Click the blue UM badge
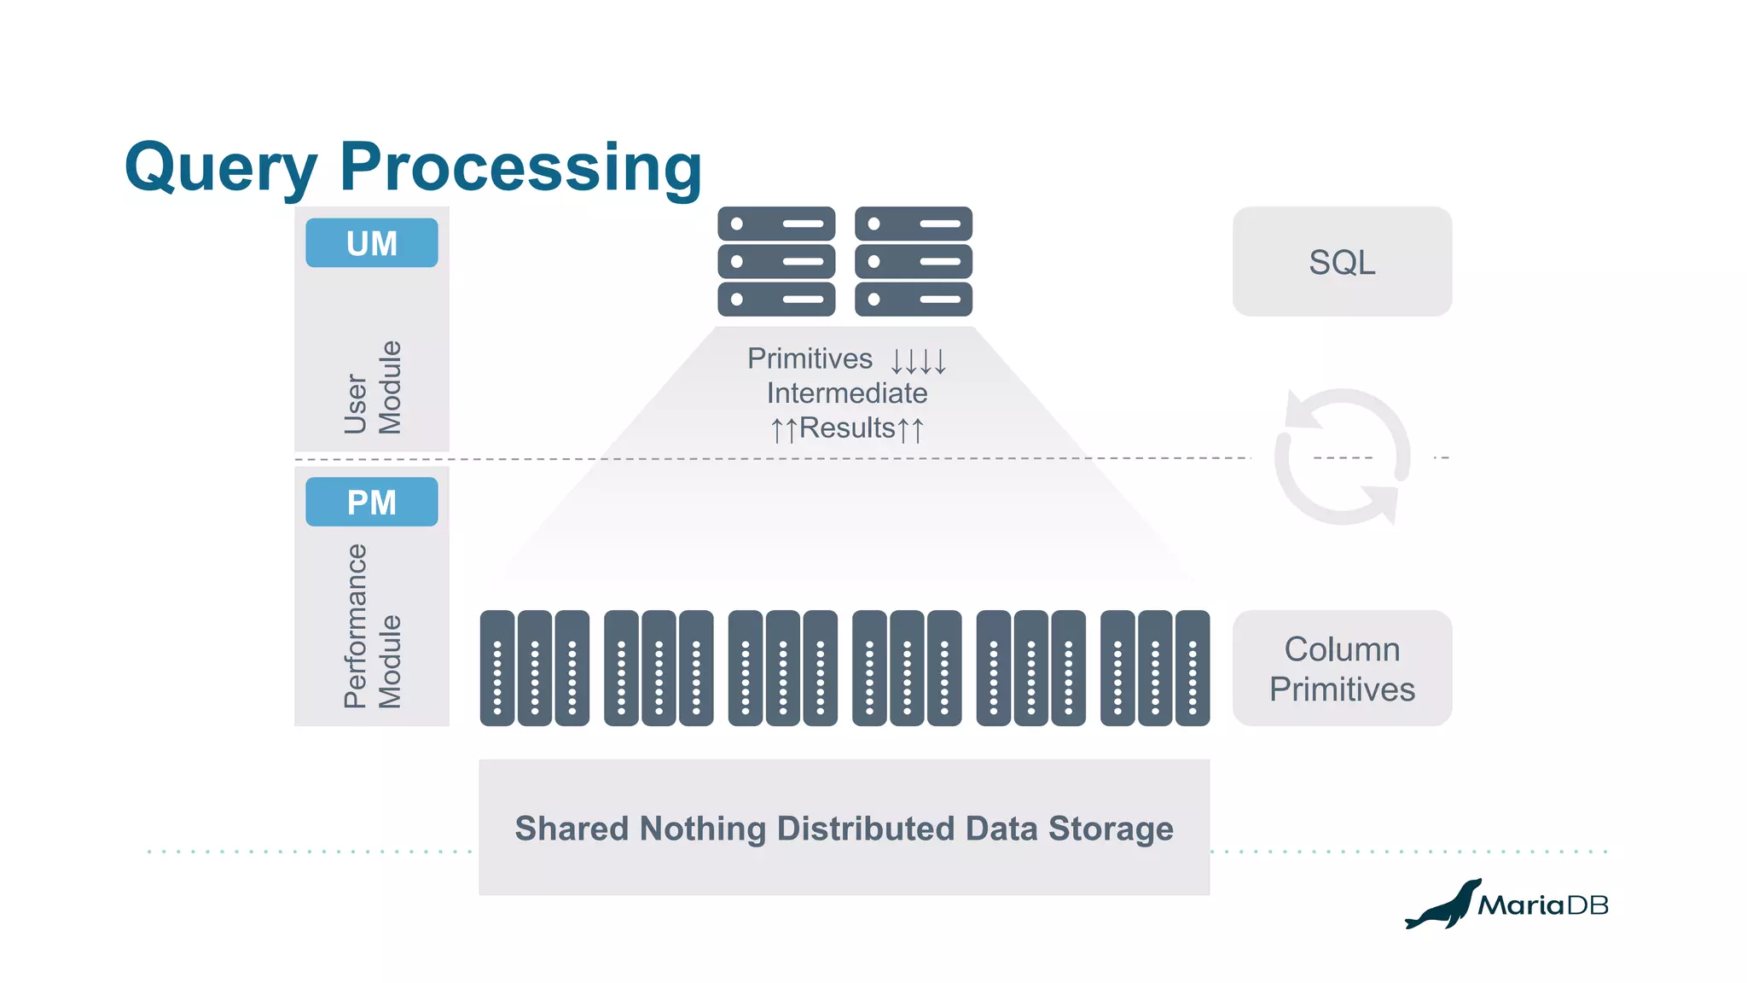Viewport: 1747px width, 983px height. [372, 243]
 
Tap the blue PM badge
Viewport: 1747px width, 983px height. [372, 502]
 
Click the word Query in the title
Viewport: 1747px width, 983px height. [221, 168]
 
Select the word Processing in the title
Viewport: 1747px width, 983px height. [520, 168]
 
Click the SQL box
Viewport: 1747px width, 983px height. [1342, 262]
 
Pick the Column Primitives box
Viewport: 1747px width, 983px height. [1342, 668]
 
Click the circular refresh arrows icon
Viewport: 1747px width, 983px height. [1342, 457]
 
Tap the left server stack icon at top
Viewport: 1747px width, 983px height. [776, 261]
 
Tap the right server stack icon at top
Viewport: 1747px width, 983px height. [914, 261]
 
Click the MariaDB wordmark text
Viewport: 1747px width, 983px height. [1543, 904]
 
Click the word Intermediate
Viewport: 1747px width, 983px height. [846, 393]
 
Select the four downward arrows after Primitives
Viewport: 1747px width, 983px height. [919, 361]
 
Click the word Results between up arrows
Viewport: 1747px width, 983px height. [847, 428]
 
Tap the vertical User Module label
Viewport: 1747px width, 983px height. [373, 387]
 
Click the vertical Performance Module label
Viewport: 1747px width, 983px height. [373, 626]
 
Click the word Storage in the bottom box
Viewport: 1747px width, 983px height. [1111, 829]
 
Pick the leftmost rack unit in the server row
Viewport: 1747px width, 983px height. [497, 668]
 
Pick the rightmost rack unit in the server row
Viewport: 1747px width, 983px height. [1193, 668]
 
